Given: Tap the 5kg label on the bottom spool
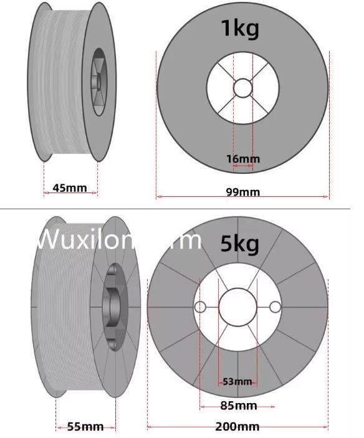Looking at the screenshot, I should [240, 243].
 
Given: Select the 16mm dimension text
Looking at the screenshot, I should [242, 159].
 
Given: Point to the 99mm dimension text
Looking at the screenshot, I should [242, 191].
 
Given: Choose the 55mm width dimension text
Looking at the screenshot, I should [85, 426].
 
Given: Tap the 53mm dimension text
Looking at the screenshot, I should [237, 381].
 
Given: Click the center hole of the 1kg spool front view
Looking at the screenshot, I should [242, 88].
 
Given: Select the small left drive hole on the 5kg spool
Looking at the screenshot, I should [200, 307].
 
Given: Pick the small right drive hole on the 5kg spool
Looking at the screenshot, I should [275, 307].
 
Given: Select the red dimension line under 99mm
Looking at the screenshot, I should [187, 197].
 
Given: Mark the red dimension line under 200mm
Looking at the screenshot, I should [187, 427].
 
